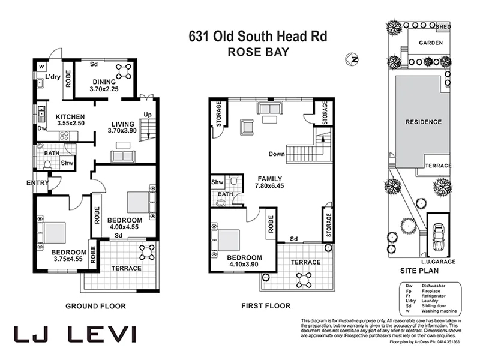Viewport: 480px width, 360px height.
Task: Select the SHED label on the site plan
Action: [443, 27]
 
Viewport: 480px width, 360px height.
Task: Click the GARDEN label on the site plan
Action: [431, 43]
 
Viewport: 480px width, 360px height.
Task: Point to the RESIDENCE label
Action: [424, 122]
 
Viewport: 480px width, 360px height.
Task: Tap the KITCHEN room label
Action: [70, 116]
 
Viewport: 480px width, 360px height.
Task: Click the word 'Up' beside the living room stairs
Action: [147, 115]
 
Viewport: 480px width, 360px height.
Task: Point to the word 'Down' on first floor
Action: [277, 154]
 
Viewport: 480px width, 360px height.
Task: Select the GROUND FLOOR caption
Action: [95, 306]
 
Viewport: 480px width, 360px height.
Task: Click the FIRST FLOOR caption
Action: [266, 306]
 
